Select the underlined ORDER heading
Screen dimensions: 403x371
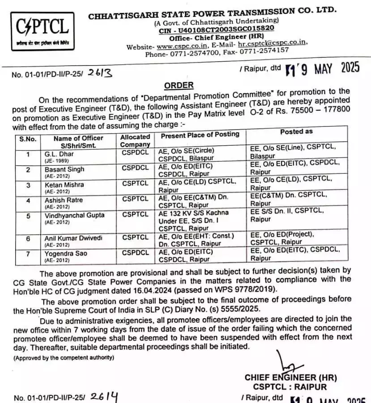(x=179, y=85)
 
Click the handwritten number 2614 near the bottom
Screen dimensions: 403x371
(x=104, y=396)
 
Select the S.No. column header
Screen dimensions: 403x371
(x=28, y=139)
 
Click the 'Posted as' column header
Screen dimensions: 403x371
(x=296, y=132)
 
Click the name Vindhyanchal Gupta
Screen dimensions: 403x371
(x=74, y=215)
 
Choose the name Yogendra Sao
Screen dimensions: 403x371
(x=66, y=253)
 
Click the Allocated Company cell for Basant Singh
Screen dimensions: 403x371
(x=135, y=168)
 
